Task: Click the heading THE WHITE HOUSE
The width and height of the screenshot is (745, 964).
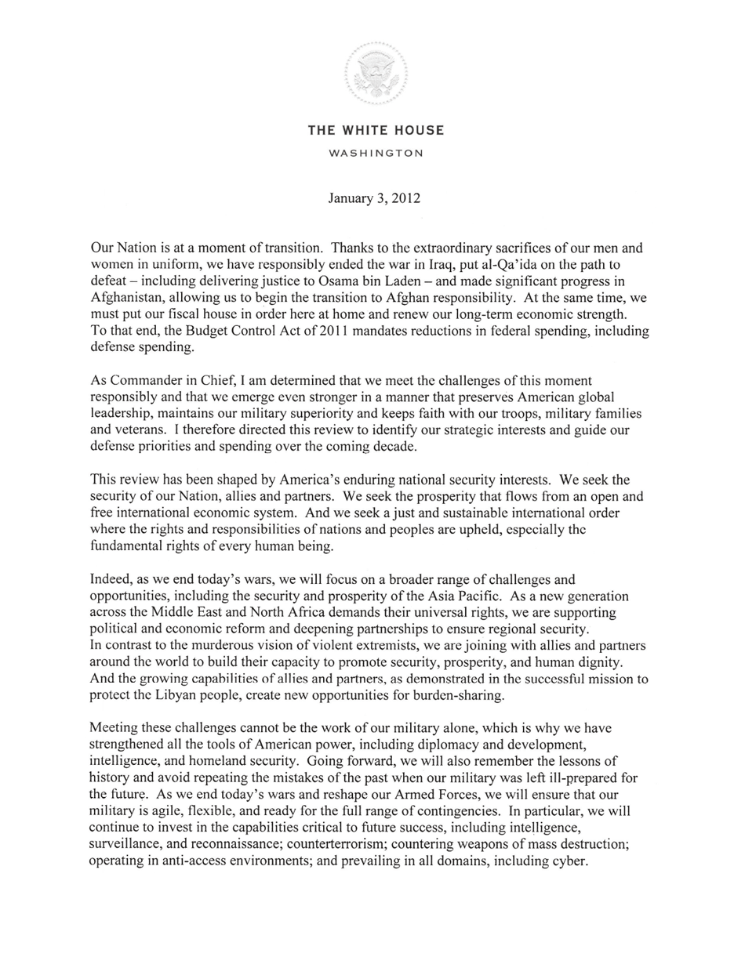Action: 376,131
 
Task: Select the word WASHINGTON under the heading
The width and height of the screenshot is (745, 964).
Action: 376,154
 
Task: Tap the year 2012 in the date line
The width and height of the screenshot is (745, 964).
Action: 405,198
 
